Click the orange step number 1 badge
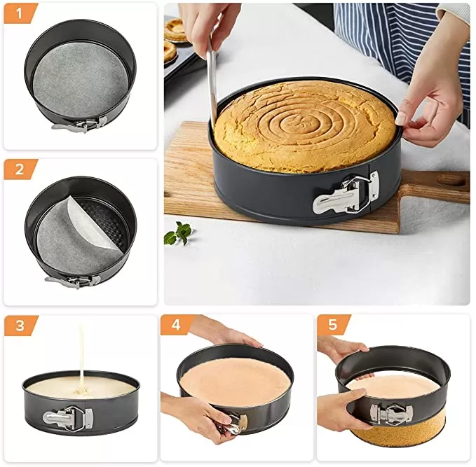(x=19, y=13)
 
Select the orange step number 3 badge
(x=19, y=326)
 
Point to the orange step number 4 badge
(x=175, y=326)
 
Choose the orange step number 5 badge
(x=332, y=326)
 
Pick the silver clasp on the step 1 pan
(x=84, y=125)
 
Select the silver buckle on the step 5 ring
(x=388, y=413)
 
